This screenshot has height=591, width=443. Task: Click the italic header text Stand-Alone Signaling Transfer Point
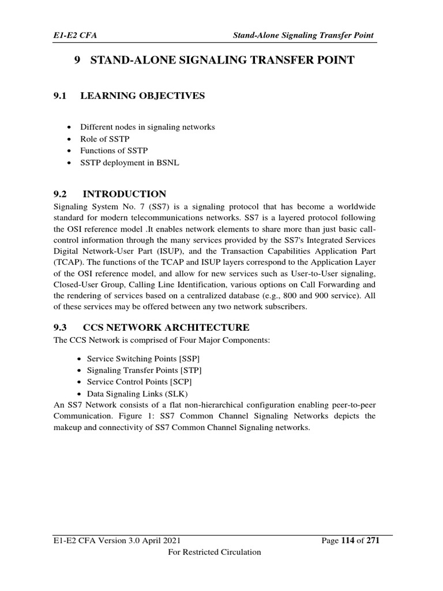pyautogui.click(x=303, y=36)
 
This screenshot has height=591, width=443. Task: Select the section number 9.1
pyautogui.click(x=61, y=96)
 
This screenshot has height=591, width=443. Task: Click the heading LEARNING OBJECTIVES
pyautogui.click(x=142, y=96)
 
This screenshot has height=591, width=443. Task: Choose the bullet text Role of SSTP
pyautogui.click(x=102, y=139)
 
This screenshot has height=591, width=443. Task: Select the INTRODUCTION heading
pyautogui.click(x=124, y=194)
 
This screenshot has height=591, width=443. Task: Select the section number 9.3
pyautogui.click(x=61, y=327)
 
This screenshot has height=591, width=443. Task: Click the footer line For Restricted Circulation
pyautogui.click(x=214, y=552)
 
